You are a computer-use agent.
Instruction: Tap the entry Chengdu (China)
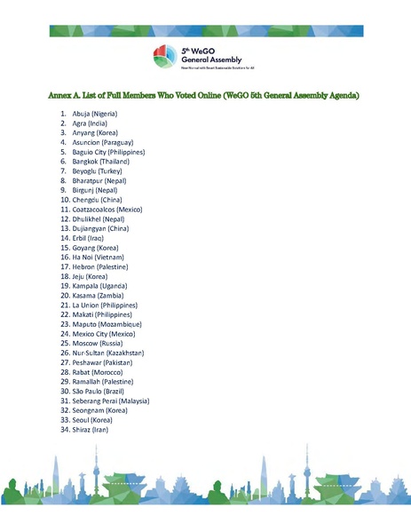click(99, 200)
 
